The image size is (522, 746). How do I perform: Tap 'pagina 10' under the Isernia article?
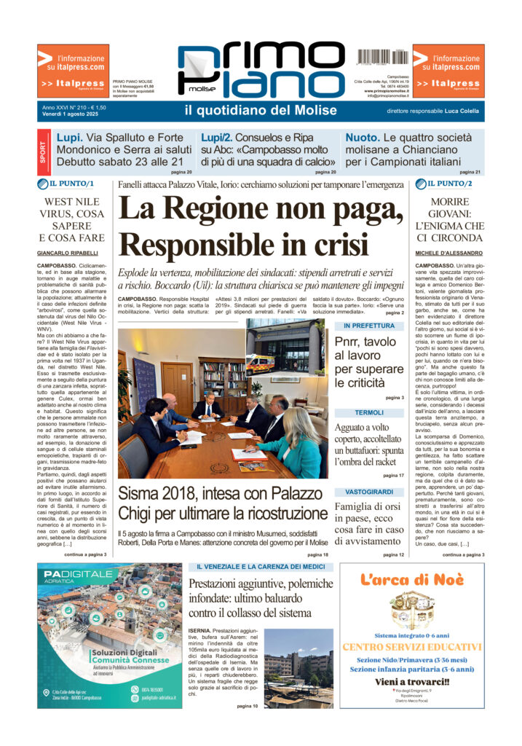(246, 706)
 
